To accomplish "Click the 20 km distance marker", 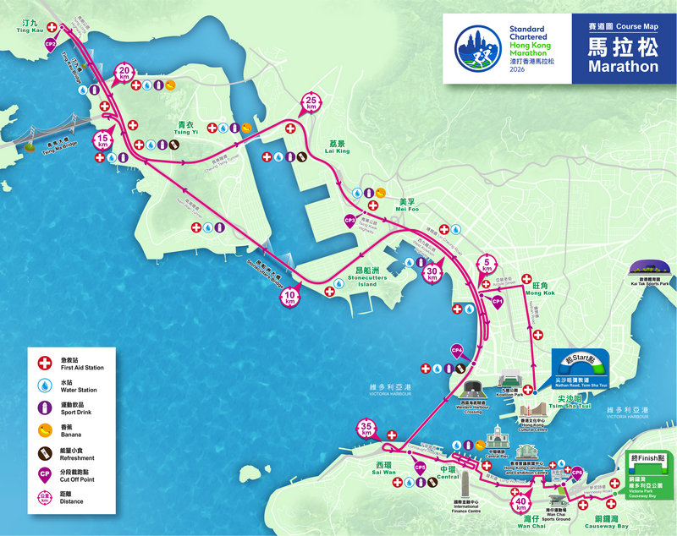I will point(125,72).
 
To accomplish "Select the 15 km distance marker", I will point(103,139).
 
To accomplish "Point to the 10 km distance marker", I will point(290,296).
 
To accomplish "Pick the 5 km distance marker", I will point(487,265).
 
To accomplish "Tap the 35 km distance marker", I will point(366,429).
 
